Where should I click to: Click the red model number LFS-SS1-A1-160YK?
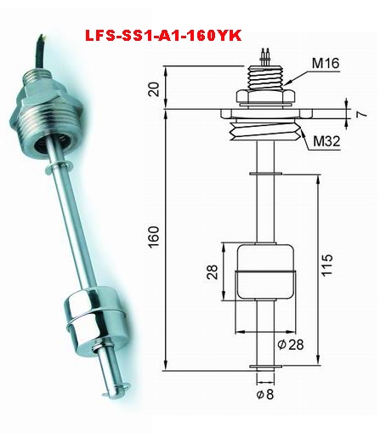pyautogui.click(x=163, y=36)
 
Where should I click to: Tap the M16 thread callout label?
pyautogui.click(x=326, y=63)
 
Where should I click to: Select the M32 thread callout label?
pyautogui.click(x=326, y=140)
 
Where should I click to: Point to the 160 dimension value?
pyautogui.click(x=154, y=237)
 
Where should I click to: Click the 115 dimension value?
pyautogui.click(x=326, y=265)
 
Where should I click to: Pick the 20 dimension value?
pyautogui.click(x=155, y=89)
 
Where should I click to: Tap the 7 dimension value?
pyautogui.click(x=361, y=114)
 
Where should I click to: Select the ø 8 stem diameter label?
pyautogui.click(x=265, y=394)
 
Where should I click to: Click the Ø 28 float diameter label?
pyautogui.click(x=290, y=345)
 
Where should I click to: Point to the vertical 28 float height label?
pyautogui.click(x=213, y=272)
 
